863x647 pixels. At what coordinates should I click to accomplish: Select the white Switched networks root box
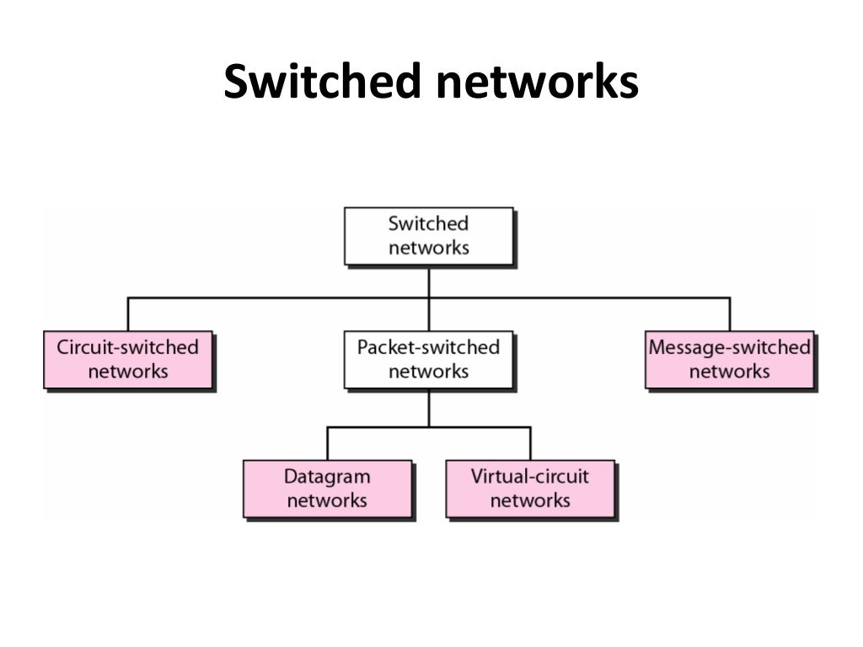428,236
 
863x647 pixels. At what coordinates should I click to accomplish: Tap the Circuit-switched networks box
127,360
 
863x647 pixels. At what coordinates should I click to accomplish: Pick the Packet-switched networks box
428,360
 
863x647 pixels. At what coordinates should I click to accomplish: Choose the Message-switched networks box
729,360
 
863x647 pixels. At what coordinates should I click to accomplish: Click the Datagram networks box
327,489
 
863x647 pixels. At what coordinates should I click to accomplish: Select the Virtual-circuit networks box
530,489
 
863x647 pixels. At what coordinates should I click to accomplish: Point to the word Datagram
327,477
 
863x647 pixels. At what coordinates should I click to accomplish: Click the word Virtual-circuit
530,477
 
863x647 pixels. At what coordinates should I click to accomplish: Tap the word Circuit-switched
127,347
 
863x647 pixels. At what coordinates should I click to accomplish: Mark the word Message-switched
729,347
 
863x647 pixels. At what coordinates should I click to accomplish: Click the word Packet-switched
428,347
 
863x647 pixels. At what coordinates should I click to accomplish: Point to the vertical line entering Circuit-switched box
127,314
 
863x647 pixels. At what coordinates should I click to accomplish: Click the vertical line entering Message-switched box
729,314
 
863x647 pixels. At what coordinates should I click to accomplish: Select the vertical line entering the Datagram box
327,443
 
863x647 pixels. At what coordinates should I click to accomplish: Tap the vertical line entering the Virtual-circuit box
530,443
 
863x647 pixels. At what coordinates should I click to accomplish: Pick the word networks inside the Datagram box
327,500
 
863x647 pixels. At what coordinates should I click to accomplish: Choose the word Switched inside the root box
428,224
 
